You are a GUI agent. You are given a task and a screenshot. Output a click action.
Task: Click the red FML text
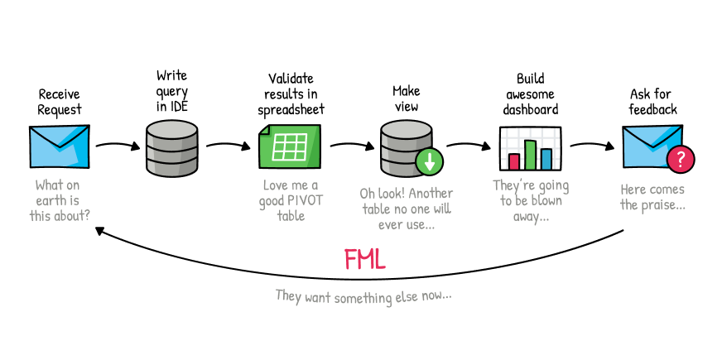(x=364, y=260)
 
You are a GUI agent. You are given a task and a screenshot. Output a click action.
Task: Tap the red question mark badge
(x=680, y=159)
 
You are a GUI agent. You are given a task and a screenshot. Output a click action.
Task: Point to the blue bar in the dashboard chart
(x=546, y=158)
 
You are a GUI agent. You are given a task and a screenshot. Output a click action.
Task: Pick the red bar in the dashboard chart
(x=514, y=161)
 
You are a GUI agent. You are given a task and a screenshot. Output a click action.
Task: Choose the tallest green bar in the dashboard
(x=530, y=154)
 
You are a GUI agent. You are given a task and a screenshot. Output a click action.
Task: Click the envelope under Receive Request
(x=59, y=147)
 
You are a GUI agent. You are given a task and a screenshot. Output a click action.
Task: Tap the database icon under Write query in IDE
(x=172, y=148)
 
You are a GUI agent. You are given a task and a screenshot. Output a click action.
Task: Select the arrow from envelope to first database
(x=118, y=146)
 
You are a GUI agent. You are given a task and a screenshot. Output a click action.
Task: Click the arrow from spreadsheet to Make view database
(x=353, y=146)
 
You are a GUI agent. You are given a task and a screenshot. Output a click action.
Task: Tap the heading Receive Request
(x=60, y=102)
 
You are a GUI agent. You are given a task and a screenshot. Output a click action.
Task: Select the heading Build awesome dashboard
(x=531, y=94)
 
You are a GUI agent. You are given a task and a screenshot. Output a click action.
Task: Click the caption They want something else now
(x=363, y=295)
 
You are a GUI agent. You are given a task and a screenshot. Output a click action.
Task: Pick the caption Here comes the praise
(x=652, y=197)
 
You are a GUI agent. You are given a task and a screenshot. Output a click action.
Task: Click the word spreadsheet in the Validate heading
(x=291, y=109)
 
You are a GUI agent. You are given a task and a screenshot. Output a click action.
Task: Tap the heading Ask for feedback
(x=652, y=101)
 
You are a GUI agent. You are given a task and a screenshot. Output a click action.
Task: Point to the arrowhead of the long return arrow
(x=100, y=232)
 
